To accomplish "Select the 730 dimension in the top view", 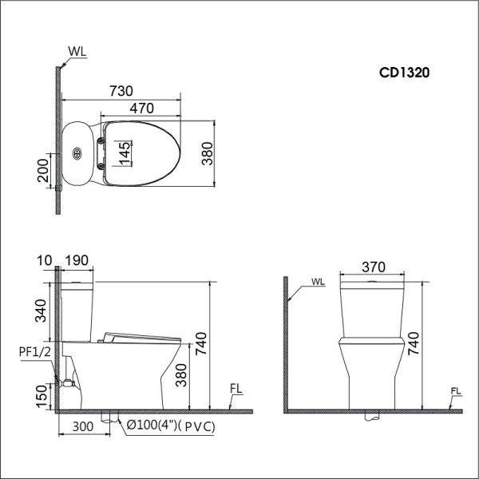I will coord(120,90).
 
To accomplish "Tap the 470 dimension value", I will coord(141,108).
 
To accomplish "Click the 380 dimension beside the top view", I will coord(208,156).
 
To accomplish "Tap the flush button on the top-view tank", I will coord(77,152).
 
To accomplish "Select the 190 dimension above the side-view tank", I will coord(77,259).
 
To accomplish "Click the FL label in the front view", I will coord(456,390).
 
